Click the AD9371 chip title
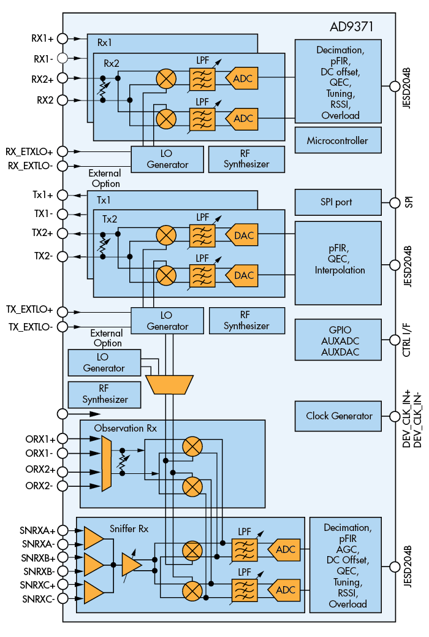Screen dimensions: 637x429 [351, 28]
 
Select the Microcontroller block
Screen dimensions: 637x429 [338, 140]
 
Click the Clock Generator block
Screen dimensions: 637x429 [339, 416]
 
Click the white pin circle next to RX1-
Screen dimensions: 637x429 [63, 58]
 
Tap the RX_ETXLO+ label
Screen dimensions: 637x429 [29, 151]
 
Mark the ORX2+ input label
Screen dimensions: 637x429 [40, 471]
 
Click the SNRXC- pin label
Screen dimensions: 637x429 [37, 598]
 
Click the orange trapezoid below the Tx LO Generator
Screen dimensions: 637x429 [169, 384]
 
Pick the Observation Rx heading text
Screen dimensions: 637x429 [125, 428]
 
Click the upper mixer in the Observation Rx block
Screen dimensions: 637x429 [193, 446]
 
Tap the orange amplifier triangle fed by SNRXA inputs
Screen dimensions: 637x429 [93, 538]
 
